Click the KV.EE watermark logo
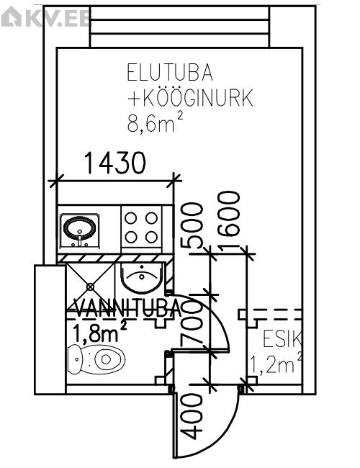(x=45, y=17)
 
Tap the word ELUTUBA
(x=170, y=72)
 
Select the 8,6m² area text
(x=155, y=122)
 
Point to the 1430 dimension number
(x=115, y=163)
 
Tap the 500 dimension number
(x=192, y=225)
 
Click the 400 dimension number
(x=192, y=416)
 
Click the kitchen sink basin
(x=79, y=230)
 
